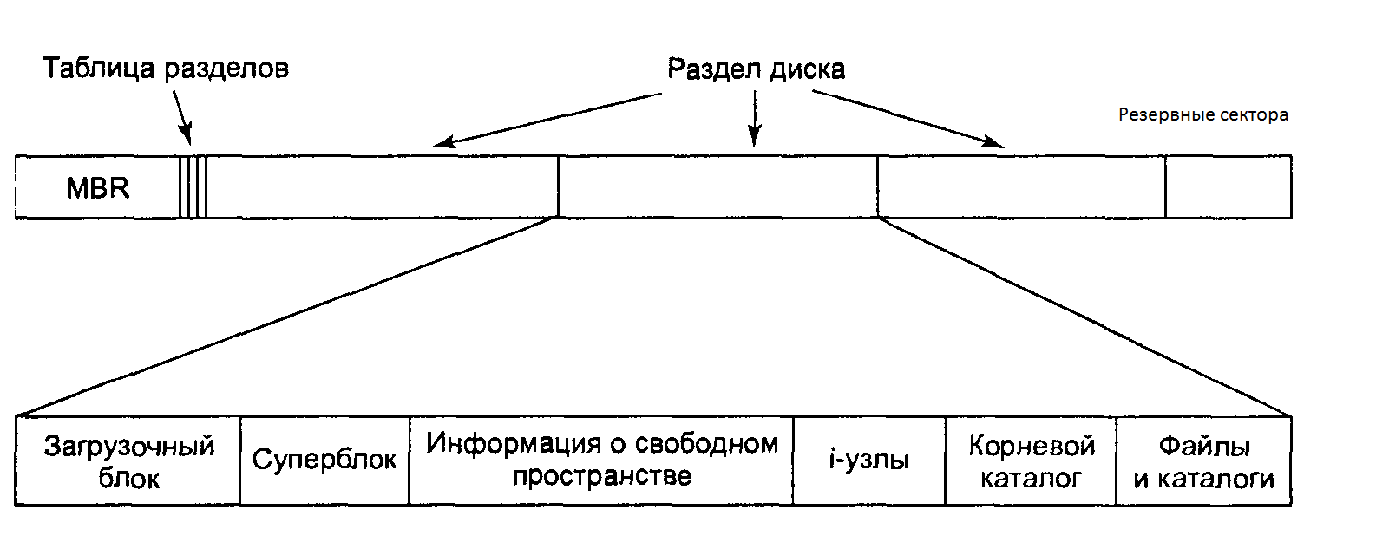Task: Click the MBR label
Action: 97,187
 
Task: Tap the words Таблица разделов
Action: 165,69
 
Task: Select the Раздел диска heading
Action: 756,69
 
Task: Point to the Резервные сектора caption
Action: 1202,114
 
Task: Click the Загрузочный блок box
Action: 128,461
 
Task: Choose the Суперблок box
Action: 324,460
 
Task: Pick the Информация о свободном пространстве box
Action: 601,460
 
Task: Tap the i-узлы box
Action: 868,460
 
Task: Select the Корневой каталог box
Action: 1031,461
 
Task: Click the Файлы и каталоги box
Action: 1204,461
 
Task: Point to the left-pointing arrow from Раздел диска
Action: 547,119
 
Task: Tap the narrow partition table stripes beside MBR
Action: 193,187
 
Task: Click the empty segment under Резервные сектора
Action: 1228,187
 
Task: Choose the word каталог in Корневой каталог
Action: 1031,478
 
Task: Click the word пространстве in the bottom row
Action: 601,476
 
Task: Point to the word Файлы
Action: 1204,446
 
